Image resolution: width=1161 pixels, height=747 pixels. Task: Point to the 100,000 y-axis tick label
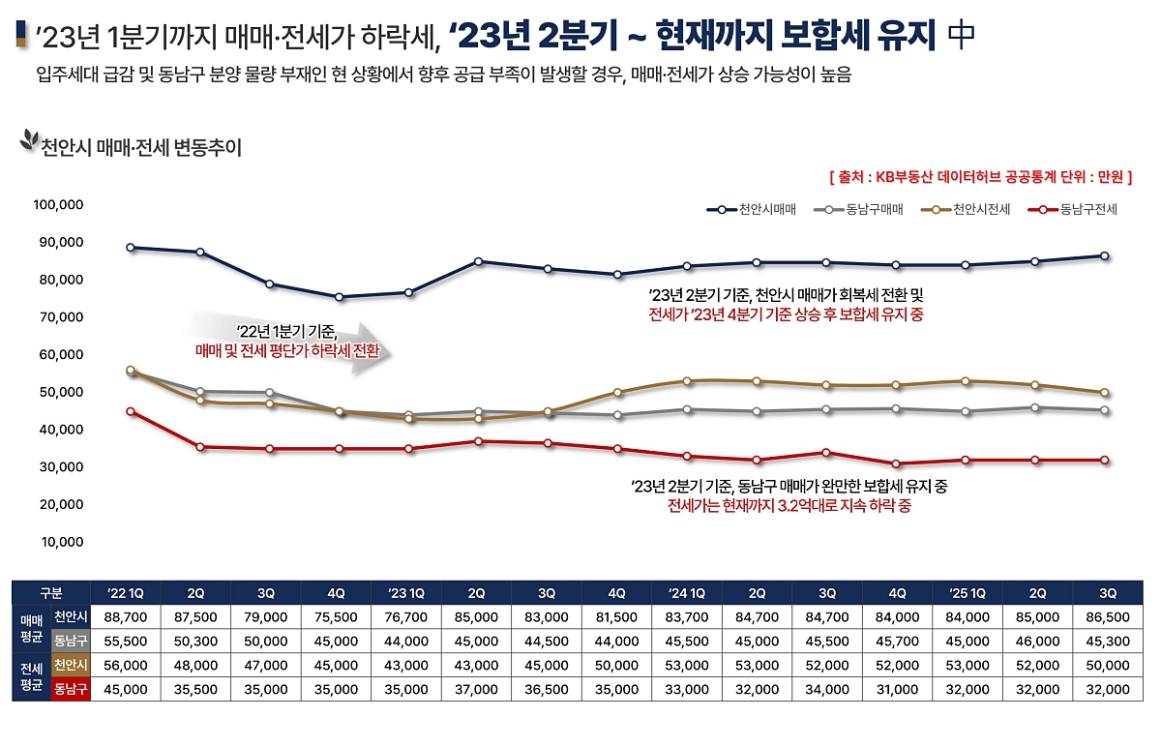pyautogui.click(x=60, y=205)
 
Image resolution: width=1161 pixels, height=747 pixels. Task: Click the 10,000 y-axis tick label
pyautogui.click(x=64, y=542)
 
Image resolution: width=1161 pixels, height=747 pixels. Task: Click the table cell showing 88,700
pyautogui.click(x=125, y=616)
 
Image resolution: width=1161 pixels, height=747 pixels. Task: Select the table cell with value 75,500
pyautogui.click(x=336, y=616)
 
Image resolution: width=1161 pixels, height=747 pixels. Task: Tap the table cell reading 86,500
pyautogui.click(x=1108, y=616)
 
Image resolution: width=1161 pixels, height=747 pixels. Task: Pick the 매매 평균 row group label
pyautogui.click(x=31, y=628)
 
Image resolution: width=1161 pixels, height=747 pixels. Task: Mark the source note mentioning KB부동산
pyautogui.click(x=980, y=177)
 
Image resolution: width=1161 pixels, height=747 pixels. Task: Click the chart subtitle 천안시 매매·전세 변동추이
pyautogui.click(x=140, y=148)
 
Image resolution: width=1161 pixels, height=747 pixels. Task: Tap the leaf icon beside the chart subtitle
pyautogui.click(x=28, y=142)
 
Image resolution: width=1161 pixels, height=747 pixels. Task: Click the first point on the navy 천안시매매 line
pyautogui.click(x=131, y=248)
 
